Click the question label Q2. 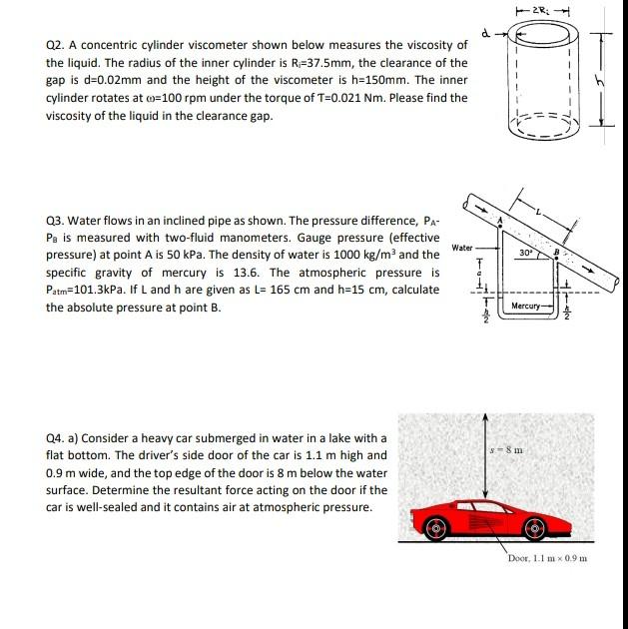click(57, 46)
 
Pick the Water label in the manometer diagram click(462, 247)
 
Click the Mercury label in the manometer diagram click(525, 305)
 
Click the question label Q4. click(57, 438)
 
